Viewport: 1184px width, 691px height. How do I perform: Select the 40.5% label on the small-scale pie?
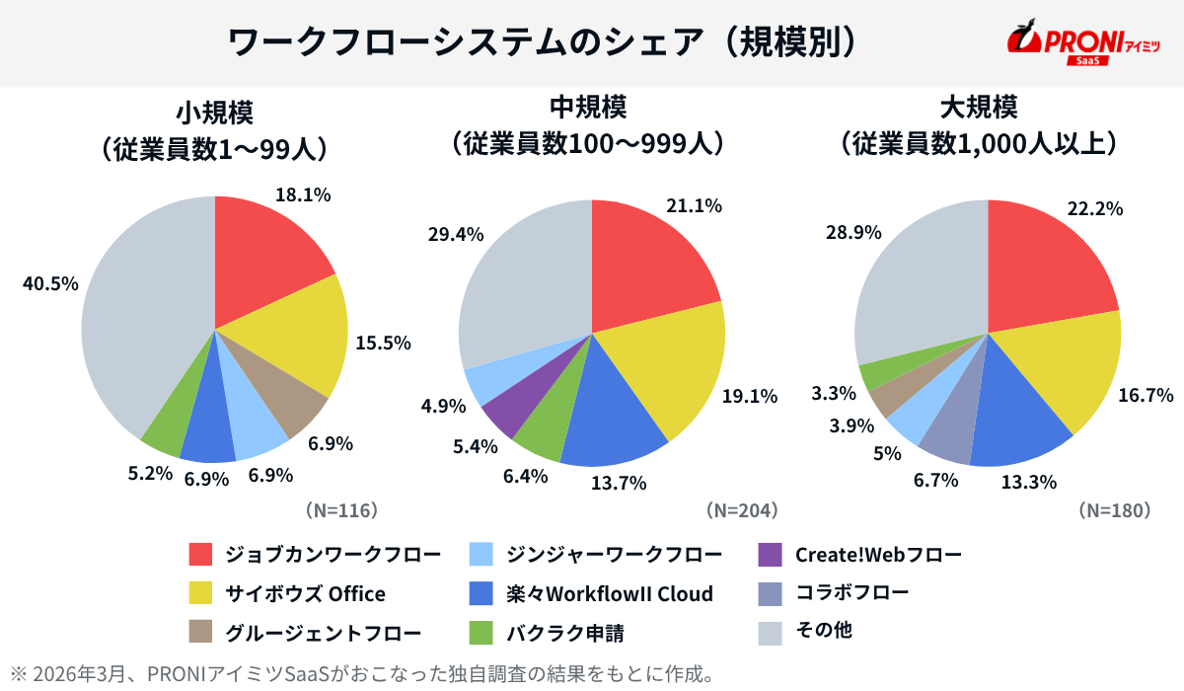(x=50, y=283)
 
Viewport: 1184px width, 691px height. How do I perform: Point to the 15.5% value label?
(x=383, y=344)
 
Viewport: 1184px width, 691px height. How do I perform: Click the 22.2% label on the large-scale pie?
(x=1096, y=208)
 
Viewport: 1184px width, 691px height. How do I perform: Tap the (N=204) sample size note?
(x=742, y=510)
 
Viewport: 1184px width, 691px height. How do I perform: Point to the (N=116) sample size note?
(x=341, y=510)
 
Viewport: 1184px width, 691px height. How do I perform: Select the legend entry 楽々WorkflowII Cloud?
(x=609, y=593)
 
